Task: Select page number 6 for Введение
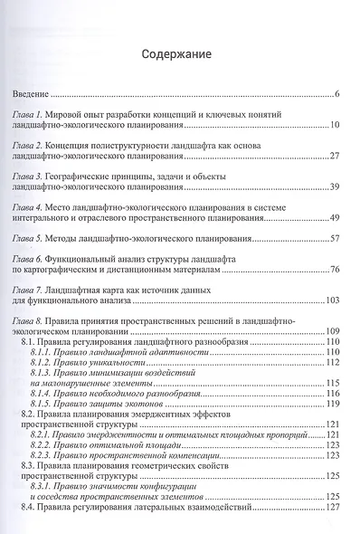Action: tap(336, 94)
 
